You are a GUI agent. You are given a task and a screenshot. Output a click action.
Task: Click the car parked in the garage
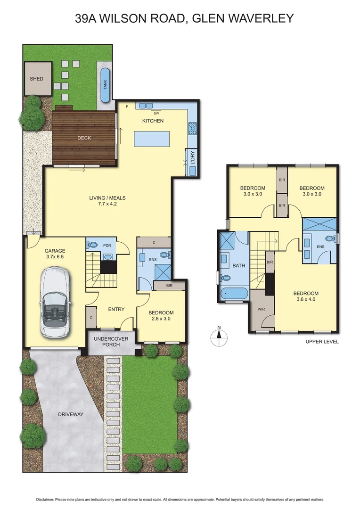pos(55,302)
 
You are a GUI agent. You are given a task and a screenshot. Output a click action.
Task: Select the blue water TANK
pos(105,85)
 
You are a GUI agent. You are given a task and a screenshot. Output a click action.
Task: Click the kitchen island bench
pos(152,140)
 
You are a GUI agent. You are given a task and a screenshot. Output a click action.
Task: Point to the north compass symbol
pos(219,335)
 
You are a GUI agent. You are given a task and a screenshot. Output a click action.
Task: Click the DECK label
pos(84,138)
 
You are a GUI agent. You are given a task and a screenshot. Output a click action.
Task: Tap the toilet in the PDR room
pos(93,245)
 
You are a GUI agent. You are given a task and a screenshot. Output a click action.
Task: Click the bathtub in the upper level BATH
pos(233,293)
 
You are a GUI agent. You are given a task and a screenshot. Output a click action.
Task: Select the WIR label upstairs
pos(261,310)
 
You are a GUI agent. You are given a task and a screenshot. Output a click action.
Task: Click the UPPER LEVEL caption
pos(322,342)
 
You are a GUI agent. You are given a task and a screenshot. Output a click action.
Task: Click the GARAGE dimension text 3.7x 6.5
pos(55,257)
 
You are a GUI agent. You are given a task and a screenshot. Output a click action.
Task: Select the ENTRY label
pos(116,309)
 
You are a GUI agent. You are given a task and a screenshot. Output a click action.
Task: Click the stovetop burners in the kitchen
pos(192,127)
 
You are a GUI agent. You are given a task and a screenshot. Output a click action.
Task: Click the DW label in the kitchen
pos(156,113)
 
